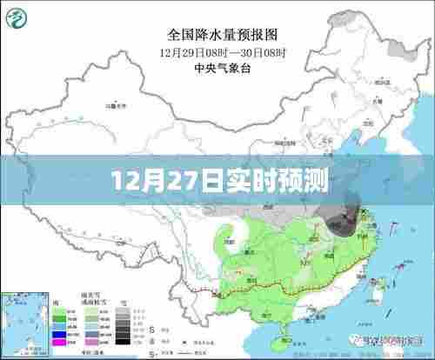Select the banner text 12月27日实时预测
pos(217,184)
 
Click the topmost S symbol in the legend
pos(153,330)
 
